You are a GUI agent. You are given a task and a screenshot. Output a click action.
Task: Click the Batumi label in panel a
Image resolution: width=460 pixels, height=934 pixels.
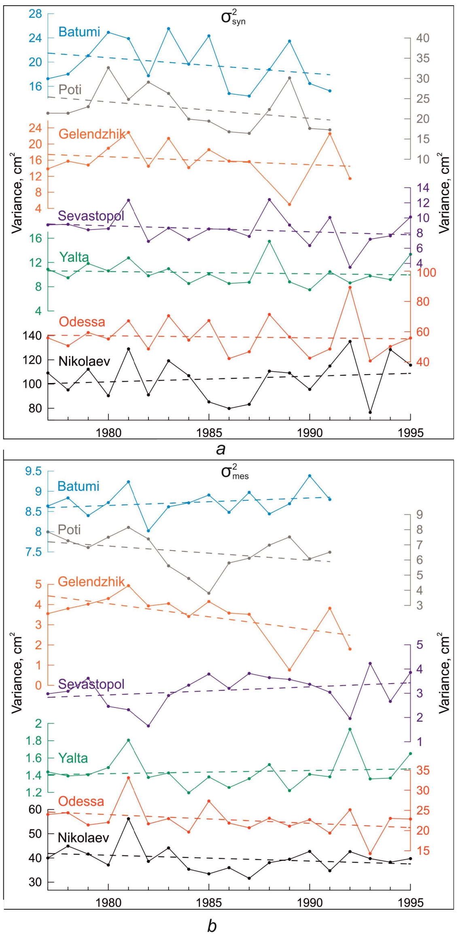[79, 32]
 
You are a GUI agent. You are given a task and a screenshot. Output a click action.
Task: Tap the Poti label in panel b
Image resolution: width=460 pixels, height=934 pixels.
[69, 529]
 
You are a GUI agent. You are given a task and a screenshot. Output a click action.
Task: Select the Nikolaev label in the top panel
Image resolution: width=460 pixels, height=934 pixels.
[84, 361]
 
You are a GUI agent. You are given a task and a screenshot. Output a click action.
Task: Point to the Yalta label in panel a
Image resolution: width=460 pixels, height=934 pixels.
[74, 257]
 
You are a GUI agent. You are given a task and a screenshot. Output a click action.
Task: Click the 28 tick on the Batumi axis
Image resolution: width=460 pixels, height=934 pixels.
[36, 14]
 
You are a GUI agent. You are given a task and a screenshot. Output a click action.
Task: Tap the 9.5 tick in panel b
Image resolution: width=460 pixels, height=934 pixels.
[33, 472]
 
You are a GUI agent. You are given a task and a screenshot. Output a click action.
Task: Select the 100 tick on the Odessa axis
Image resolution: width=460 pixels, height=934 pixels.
[426, 273]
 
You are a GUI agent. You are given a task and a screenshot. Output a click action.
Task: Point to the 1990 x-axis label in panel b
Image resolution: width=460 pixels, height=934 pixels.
[309, 903]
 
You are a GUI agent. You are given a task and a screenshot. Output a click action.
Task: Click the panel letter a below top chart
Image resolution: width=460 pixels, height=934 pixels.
[220, 449]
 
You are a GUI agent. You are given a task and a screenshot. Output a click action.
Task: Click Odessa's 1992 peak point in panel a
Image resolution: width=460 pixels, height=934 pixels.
[350, 288]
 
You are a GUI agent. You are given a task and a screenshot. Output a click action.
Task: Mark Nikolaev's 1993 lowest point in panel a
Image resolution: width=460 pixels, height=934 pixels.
[370, 412]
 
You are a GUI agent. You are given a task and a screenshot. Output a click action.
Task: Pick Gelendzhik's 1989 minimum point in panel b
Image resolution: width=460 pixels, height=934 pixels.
[290, 670]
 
